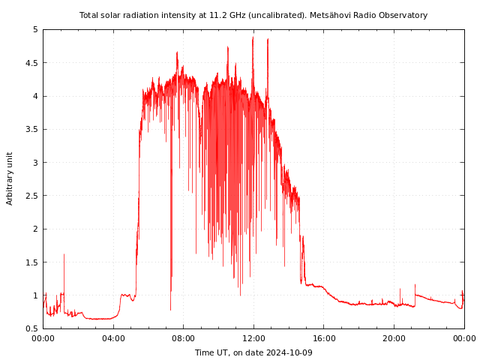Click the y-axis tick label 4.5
click(x=32, y=63)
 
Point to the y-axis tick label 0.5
click(x=32, y=328)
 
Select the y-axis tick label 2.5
click(x=32, y=196)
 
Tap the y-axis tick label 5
click(x=35, y=29)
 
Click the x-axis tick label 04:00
click(x=113, y=338)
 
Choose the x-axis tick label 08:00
click(x=183, y=338)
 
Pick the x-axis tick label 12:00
click(x=253, y=338)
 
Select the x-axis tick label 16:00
click(x=324, y=338)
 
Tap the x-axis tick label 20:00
click(x=394, y=338)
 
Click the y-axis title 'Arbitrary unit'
click(x=10, y=178)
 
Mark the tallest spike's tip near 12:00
click(x=253, y=37)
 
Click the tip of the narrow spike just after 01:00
click(x=64, y=254)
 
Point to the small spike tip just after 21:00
click(x=415, y=284)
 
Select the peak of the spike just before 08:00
click(x=177, y=52)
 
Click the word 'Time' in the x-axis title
click(x=204, y=352)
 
